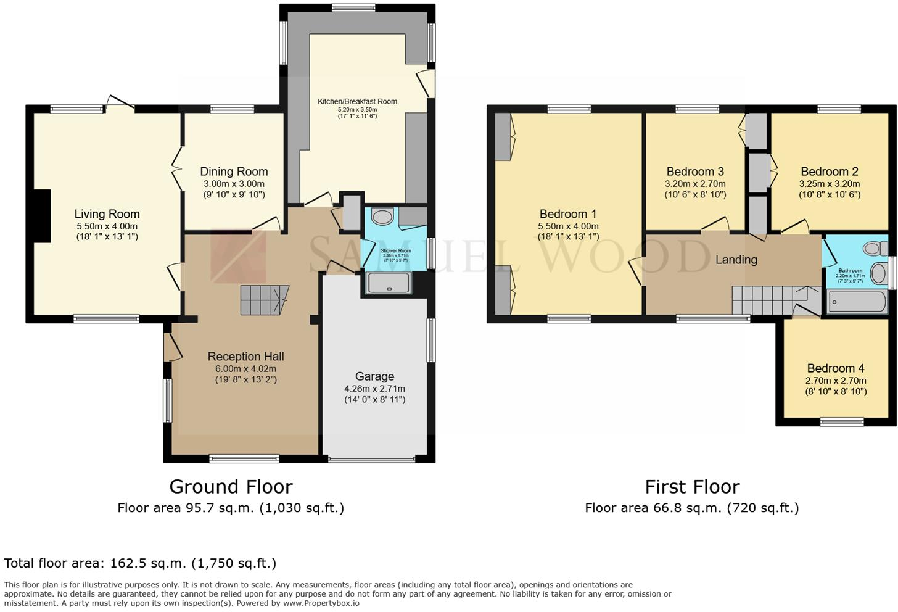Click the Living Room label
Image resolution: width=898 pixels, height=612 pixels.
coord(107,214)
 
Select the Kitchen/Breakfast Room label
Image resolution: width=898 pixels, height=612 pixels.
coord(357,101)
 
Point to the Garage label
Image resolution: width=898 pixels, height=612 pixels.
coord(374,376)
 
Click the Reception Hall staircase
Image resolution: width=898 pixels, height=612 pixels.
coord(264,300)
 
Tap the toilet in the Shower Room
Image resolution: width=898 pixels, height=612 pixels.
coord(384,217)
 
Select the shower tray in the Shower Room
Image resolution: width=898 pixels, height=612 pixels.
coord(389,283)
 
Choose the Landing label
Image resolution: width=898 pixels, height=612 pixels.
coord(736,260)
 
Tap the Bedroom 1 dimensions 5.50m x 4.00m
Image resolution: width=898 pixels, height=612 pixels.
coord(567,226)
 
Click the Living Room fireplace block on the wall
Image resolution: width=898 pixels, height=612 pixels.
coord(42,215)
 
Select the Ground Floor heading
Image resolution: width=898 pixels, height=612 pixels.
coord(231,487)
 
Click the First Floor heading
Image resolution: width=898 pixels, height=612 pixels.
coord(692,487)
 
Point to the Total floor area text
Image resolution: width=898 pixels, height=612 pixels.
coord(140,563)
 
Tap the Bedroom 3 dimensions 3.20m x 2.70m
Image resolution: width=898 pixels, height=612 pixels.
coord(695,184)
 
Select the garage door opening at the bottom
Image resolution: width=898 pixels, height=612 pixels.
coord(372,460)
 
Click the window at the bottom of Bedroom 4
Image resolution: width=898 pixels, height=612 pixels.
coord(842,423)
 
